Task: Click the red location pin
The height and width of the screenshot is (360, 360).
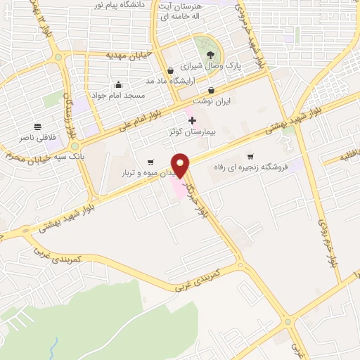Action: pyautogui.click(x=181, y=166)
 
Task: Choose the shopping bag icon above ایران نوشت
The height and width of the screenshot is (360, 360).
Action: pyautogui.click(x=212, y=90)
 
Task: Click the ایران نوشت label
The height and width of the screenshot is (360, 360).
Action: pyautogui.click(x=212, y=101)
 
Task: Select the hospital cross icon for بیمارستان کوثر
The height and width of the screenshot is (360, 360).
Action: pyautogui.click(x=192, y=121)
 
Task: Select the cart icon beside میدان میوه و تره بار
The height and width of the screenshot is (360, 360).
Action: pyautogui.click(x=150, y=162)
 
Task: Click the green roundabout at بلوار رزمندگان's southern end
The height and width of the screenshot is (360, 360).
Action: pyautogui.click(x=75, y=146)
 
